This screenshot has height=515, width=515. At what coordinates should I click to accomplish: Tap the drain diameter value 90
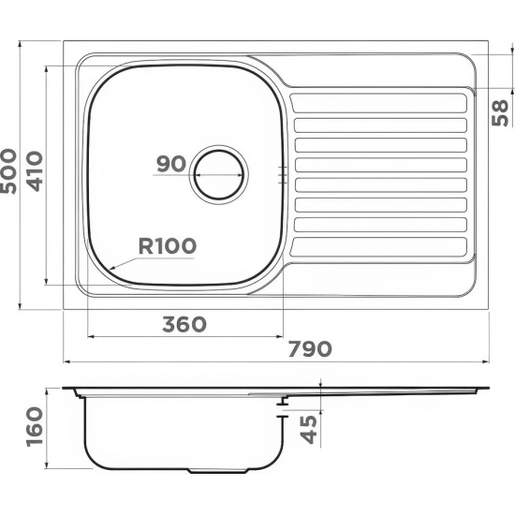(x=170, y=164)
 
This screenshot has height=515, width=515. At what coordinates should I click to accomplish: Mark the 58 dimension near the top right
(x=500, y=112)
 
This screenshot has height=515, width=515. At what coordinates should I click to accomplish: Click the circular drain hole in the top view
(x=219, y=173)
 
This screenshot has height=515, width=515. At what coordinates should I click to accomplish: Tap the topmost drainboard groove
(x=379, y=100)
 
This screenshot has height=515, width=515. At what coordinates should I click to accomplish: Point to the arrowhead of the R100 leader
(x=110, y=268)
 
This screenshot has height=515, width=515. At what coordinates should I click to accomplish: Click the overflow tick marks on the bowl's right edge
(x=282, y=173)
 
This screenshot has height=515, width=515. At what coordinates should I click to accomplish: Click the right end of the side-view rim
(x=486, y=387)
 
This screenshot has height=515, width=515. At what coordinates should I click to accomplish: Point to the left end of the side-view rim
(x=66, y=388)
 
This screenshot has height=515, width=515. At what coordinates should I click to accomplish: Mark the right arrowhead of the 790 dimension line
(x=485, y=360)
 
